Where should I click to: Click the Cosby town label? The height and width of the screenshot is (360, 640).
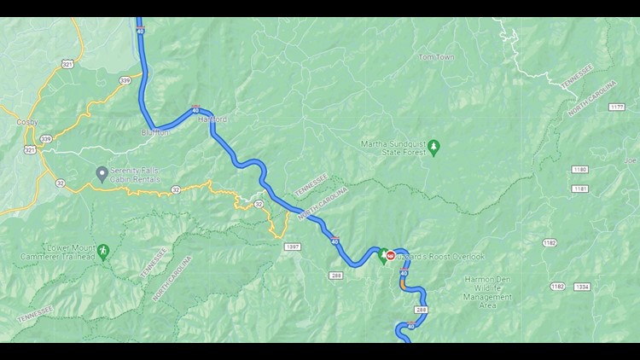point(26,122)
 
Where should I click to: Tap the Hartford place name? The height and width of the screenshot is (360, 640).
point(213,120)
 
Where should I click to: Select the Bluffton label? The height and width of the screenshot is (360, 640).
point(155,132)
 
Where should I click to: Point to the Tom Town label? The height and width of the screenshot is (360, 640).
point(436,57)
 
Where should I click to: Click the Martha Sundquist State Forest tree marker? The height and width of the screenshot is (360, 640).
point(433,148)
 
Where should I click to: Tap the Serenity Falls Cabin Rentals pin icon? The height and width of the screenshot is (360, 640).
point(102,174)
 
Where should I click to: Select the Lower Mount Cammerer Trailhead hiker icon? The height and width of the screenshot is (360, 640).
point(105,251)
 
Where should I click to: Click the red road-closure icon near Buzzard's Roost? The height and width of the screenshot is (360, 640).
point(390,255)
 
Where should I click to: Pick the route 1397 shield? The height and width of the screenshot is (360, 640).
point(293,247)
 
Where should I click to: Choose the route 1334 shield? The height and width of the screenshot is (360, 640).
point(582,287)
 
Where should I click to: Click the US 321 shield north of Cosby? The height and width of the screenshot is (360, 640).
point(67,63)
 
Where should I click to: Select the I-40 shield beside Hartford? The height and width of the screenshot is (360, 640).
point(196,109)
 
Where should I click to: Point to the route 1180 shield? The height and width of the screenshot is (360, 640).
point(580,169)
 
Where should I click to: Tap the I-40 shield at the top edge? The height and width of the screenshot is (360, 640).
point(140,32)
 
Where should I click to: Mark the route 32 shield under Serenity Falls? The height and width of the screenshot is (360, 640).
point(175,189)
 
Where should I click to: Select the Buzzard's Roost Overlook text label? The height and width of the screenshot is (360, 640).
point(440,257)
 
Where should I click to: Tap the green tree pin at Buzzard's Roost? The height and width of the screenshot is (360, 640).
point(383,254)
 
